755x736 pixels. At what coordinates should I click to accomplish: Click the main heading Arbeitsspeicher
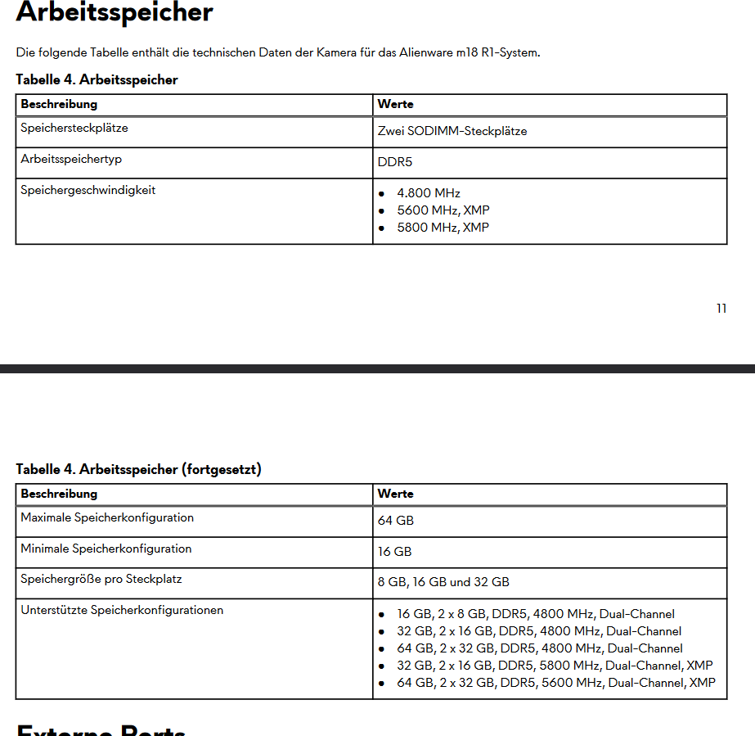pyautogui.click(x=115, y=12)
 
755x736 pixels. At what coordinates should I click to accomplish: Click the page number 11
pyautogui.click(x=721, y=309)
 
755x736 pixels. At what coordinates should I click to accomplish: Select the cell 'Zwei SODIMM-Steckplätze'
pyautogui.click(x=452, y=131)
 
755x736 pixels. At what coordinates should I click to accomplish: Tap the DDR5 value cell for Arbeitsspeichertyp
pyautogui.click(x=395, y=162)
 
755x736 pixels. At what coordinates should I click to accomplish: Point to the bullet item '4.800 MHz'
pyautogui.click(x=429, y=193)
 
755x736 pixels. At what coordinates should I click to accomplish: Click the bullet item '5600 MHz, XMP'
pyautogui.click(x=443, y=210)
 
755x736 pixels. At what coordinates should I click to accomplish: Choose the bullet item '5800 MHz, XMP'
pyautogui.click(x=443, y=228)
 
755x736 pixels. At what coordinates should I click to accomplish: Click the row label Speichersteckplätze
pyautogui.click(x=74, y=128)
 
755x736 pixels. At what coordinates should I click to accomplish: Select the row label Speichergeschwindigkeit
pyautogui.click(x=88, y=190)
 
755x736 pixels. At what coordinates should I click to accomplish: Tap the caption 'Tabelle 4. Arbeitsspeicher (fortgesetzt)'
pyautogui.click(x=139, y=469)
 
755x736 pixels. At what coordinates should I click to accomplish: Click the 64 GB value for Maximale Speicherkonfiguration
pyautogui.click(x=396, y=521)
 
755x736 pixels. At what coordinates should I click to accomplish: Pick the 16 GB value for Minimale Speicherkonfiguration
pyautogui.click(x=394, y=552)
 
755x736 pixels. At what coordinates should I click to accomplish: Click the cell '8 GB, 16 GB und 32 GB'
pyautogui.click(x=443, y=582)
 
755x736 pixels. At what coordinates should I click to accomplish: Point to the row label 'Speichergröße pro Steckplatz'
pyautogui.click(x=101, y=579)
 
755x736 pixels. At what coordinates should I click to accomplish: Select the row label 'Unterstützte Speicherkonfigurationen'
pyautogui.click(x=122, y=610)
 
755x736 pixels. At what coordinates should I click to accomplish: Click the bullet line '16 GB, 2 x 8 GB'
pyautogui.click(x=536, y=614)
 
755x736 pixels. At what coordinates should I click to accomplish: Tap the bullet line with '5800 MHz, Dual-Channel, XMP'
pyautogui.click(x=555, y=666)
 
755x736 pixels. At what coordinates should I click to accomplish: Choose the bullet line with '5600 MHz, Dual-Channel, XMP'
pyautogui.click(x=556, y=683)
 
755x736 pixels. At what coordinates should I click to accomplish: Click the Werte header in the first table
pyautogui.click(x=395, y=105)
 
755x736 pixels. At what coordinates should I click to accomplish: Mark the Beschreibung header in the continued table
pyautogui.click(x=59, y=494)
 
